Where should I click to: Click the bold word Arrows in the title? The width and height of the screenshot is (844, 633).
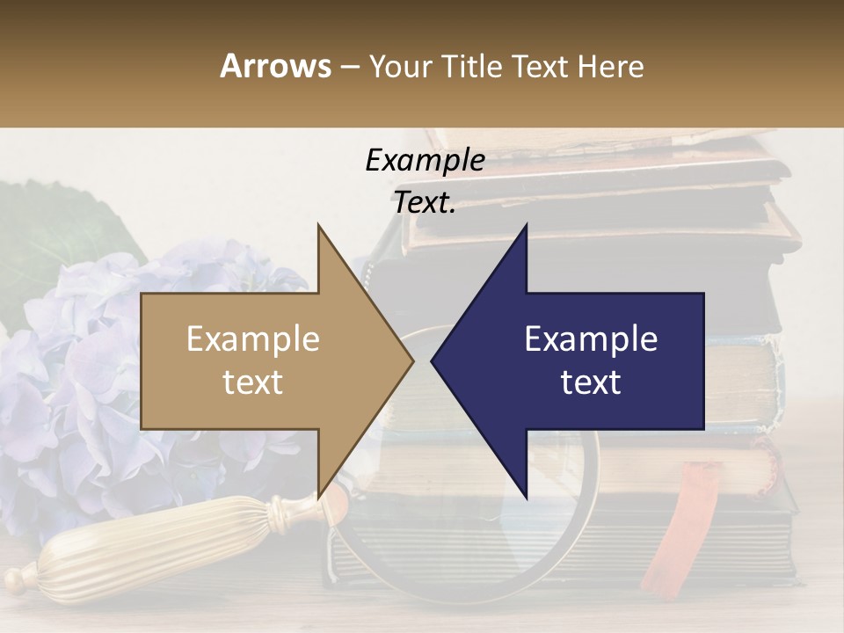point(275,66)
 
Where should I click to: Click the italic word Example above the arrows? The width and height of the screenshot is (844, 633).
point(425,161)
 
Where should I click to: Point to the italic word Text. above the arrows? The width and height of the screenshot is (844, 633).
point(425,203)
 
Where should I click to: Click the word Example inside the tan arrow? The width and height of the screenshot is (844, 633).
point(253,339)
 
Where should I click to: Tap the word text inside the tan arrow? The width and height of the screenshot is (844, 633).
point(253,382)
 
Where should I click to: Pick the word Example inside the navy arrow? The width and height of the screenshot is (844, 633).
point(591,339)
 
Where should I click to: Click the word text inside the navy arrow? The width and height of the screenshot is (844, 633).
point(591,382)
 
